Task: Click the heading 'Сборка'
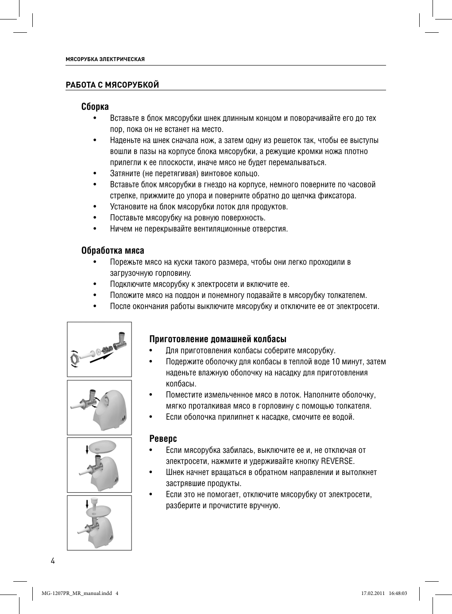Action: coord(95,107)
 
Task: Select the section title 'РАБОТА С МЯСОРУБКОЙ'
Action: coord(112,85)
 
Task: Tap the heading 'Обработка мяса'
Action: coord(112,251)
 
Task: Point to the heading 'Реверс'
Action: coord(163,439)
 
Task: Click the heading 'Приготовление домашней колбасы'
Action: coord(218,339)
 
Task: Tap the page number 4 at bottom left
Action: coord(53,561)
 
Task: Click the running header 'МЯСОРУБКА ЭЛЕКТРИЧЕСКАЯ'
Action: coord(105,59)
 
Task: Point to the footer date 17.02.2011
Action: coord(373,593)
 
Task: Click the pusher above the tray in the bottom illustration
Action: coord(93,503)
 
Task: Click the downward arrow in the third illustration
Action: coord(87,450)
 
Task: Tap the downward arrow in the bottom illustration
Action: coord(87,505)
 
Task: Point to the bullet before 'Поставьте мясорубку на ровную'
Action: coord(95,218)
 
